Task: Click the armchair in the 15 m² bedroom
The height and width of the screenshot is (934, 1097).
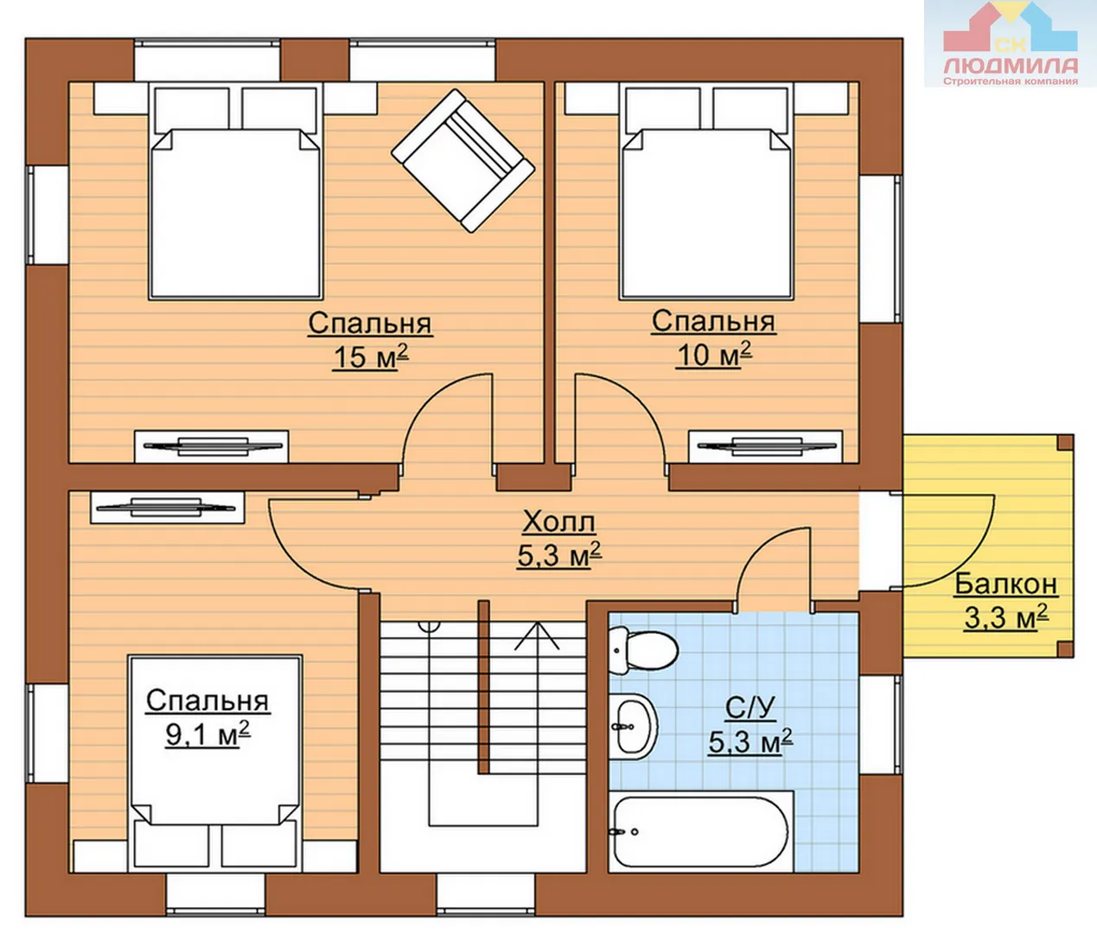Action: tap(462, 160)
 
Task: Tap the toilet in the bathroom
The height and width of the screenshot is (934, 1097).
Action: tap(643, 650)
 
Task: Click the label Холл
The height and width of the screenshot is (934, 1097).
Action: tap(558, 522)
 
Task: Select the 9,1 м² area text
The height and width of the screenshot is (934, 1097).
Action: tap(207, 734)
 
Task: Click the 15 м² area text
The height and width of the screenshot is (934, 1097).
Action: tap(371, 355)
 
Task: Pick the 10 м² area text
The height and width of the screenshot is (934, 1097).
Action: tap(713, 355)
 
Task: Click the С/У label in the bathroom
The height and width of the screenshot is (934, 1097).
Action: tap(749, 708)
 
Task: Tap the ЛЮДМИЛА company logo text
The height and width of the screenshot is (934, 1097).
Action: tap(1011, 66)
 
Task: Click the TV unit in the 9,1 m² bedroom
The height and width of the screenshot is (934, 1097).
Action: tap(167, 508)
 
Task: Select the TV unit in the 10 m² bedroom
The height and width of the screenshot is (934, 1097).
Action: tap(765, 446)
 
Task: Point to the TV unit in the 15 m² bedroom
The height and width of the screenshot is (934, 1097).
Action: tap(212, 446)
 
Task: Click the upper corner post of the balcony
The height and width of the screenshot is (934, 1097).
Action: tap(1065, 442)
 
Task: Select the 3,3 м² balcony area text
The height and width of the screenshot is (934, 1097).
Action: tap(1005, 618)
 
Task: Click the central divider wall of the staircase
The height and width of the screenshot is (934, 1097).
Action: tap(483, 687)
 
